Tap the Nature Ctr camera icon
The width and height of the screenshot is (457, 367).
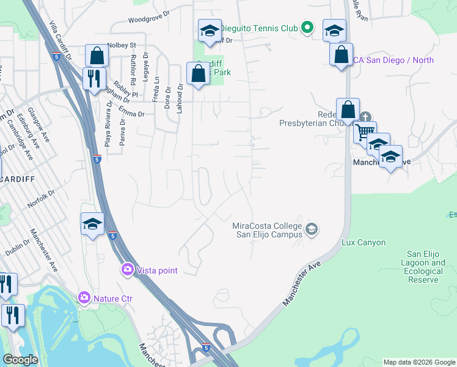tap(84, 298)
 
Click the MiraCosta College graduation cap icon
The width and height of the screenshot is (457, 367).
tap(312, 229)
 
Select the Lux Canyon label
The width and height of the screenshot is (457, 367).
tap(364, 243)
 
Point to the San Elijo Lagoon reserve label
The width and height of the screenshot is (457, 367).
tap(425, 267)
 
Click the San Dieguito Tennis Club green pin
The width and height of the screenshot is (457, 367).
tap(308, 28)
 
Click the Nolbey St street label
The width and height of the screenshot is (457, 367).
tap(121, 45)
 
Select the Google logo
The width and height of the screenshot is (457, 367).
tap(21, 360)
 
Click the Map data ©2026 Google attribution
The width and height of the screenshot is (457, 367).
tap(419, 362)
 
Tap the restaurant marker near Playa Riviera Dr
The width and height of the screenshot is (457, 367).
tap(94, 78)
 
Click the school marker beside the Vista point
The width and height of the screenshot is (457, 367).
tap(92, 223)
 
